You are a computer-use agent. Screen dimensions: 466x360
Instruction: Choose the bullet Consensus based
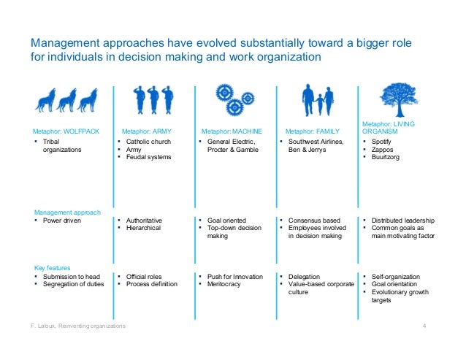tap(314, 221)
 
